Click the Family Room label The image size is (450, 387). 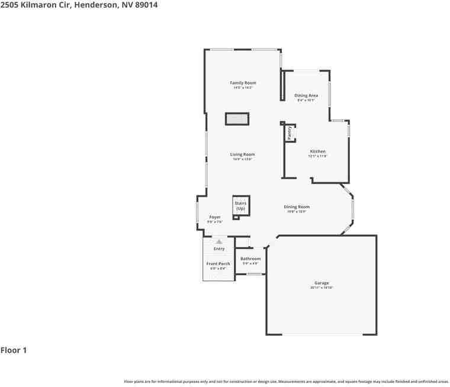243,83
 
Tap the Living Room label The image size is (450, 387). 243,154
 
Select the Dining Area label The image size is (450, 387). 306,95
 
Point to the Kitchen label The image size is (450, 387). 317,151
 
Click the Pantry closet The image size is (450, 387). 290,133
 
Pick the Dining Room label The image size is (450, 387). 297,207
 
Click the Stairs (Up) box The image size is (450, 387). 240,206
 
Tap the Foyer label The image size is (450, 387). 214,217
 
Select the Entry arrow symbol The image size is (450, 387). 219,241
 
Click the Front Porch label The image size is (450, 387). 218,263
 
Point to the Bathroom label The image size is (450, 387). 250,259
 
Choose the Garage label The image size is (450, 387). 322,283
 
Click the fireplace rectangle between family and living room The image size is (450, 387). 237,119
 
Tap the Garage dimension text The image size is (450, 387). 322,288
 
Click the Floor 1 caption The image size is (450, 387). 14,350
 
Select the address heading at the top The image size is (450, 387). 79,5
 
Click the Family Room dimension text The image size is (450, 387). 243,88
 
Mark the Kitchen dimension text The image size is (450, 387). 317,156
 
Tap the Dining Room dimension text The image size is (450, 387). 297,212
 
